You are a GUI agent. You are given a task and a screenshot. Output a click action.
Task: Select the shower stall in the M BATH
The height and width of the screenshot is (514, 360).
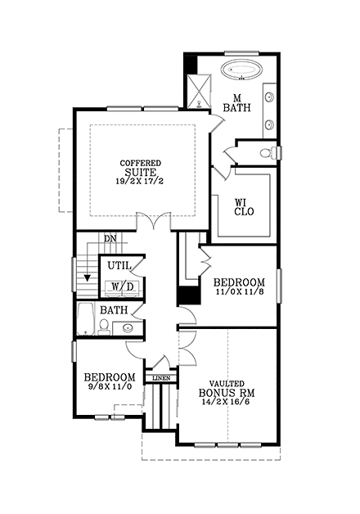(198, 88)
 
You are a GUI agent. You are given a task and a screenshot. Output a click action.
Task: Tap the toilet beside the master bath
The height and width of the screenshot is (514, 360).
(267, 153)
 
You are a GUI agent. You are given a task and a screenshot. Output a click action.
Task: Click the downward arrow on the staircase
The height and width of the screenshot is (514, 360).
(88, 278)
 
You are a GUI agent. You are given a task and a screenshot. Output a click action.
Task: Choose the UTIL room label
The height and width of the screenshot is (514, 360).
(119, 267)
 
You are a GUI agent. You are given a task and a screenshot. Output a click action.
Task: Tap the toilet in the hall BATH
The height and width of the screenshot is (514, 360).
(104, 327)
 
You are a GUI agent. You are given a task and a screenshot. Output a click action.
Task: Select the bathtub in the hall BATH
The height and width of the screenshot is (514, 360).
(84, 321)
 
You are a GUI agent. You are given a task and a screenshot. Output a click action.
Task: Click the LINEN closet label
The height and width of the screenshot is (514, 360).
(161, 379)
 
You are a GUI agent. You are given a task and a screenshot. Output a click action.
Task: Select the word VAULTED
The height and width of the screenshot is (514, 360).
(227, 383)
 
